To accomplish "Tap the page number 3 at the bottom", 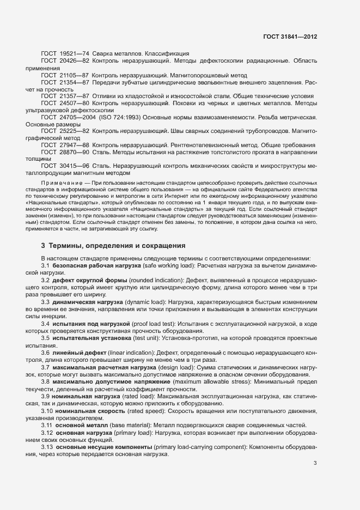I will pyautogui.click(x=315, y=463).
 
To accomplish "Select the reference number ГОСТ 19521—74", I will pyautogui.click(x=65, y=53).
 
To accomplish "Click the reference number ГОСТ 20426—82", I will pyautogui.click(x=65, y=62).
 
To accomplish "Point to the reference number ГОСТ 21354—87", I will pyautogui.click(x=65, y=82).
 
